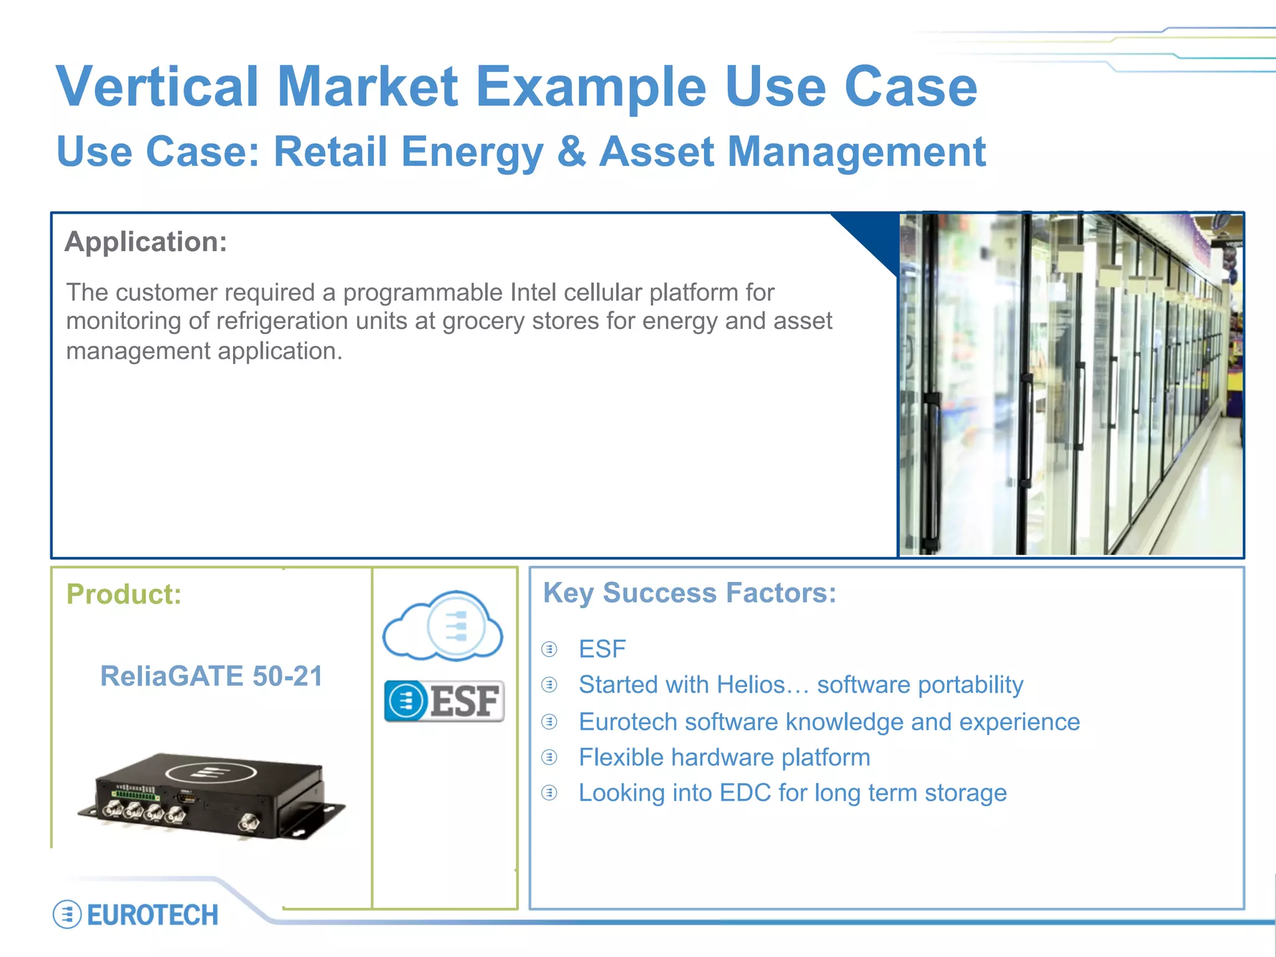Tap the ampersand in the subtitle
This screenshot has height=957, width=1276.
click(571, 152)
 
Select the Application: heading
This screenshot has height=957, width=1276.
click(146, 242)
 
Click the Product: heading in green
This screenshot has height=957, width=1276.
click(123, 594)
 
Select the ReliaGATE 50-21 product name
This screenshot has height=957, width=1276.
click(211, 677)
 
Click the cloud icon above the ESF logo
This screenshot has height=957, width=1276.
click(443, 626)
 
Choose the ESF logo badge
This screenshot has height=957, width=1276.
click(444, 701)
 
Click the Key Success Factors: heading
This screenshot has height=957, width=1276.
click(690, 593)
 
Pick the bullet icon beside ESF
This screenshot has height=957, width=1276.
click(549, 649)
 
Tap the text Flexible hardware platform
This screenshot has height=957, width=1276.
click(724, 758)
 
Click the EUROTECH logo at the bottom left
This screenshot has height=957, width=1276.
click(136, 915)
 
